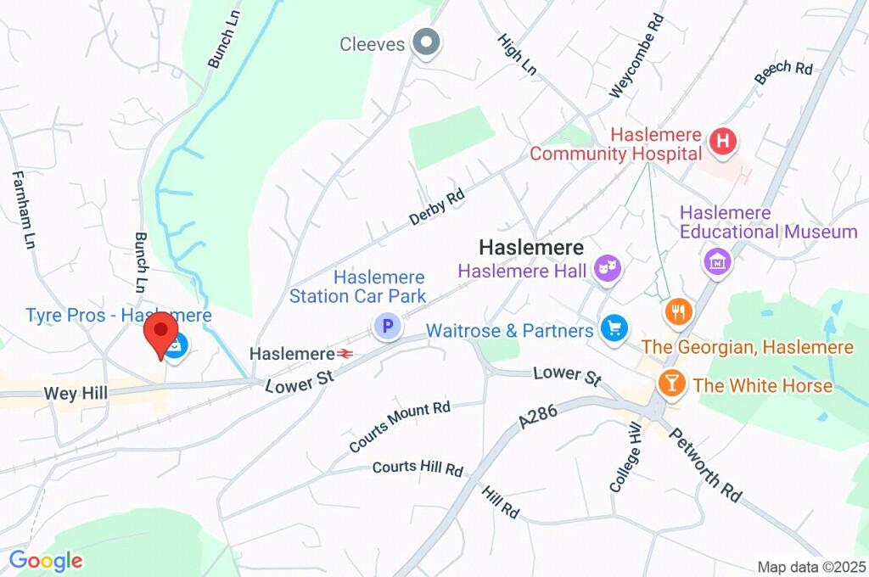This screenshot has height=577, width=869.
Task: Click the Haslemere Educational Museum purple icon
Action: pyautogui.click(x=717, y=260)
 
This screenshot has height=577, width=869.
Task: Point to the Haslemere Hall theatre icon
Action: pyautogui.click(x=608, y=270)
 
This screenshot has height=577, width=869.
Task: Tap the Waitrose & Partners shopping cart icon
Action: pyautogui.click(x=613, y=328)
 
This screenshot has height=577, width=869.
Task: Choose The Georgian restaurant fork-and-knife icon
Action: pyautogui.click(x=678, y=311)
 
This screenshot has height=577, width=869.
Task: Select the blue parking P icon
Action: pyautogui.click(x=388, y=325)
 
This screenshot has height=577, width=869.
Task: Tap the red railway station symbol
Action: pyautogui.click(x=345, y=353)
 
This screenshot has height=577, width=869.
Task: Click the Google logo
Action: pyautogui.click(x=46, y=560)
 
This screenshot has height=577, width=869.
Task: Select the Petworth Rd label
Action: pyautogui.click(x=705, y=464)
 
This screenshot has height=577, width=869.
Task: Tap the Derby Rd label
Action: pyautogui.click(x=438, y=206)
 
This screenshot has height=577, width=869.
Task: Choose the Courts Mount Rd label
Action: pyautogui.click(x=400, y=426)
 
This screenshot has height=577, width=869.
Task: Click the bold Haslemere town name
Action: pyautogui.click(x=531, y=248)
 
